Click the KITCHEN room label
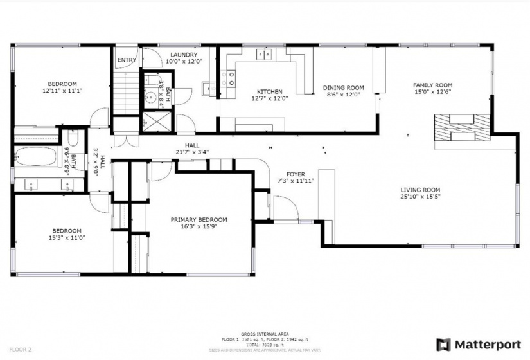pos(270,91)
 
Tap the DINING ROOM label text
pos(343,88)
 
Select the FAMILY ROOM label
pos(432,85)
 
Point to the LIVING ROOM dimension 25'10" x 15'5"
pos(420,197)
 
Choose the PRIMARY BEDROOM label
pos(199,219)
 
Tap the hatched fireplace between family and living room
pos(461,127)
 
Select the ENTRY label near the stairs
pos(126,61)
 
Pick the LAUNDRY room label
pos(184,55)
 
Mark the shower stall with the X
pos(155,122)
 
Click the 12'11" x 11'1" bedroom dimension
pos(63,91)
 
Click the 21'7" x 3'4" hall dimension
pos(192,152)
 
